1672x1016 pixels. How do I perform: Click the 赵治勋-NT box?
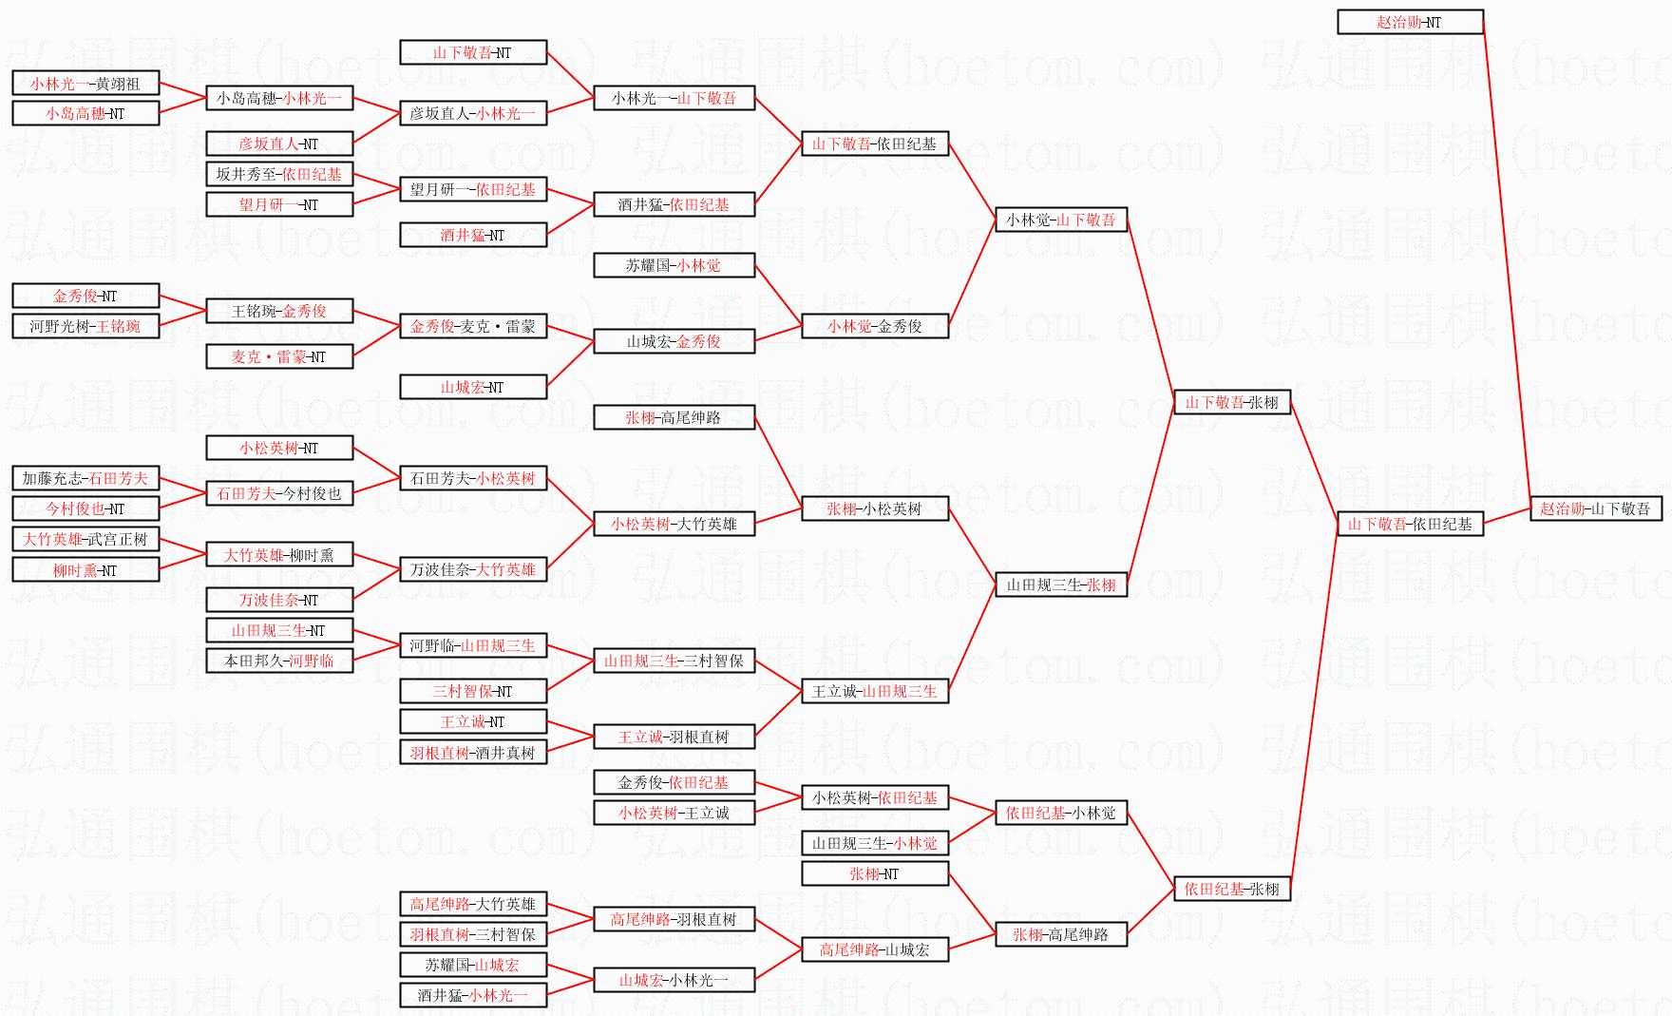1410,22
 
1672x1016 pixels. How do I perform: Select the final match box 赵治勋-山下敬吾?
1595,508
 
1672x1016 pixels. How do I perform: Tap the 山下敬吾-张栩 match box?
1231,402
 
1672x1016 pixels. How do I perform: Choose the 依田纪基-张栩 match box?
1231,889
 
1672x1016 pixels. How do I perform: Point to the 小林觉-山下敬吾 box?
1060,220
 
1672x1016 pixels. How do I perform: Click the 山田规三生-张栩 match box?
1060,585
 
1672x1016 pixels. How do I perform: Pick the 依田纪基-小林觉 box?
1060,813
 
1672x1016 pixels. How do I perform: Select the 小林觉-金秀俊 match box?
874,326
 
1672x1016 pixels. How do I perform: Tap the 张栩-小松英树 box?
874,508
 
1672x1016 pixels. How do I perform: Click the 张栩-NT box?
874,873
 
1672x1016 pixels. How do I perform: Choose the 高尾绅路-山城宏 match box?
874,949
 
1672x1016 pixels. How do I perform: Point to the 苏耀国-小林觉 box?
673,265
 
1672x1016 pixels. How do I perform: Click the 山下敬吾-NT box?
472,52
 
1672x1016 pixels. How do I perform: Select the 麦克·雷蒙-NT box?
278,356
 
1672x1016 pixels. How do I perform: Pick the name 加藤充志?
51,478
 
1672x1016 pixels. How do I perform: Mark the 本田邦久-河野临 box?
278,661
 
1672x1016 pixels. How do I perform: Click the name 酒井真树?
505,753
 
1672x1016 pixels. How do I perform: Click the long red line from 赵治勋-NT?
1507,266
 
